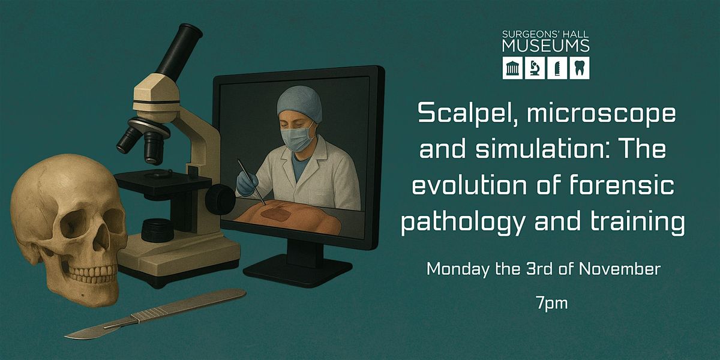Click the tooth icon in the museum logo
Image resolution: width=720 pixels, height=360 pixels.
tap(580, 68)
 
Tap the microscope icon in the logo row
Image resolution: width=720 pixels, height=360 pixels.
tap(535, 68)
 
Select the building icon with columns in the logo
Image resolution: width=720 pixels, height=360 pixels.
tap(512, 68)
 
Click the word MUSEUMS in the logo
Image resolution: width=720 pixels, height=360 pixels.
tap(546, 46)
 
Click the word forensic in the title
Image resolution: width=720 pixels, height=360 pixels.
tap(622, 185)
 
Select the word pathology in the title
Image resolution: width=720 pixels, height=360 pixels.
tap(462, 223)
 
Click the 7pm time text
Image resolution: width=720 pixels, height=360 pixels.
tap(551, 304)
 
